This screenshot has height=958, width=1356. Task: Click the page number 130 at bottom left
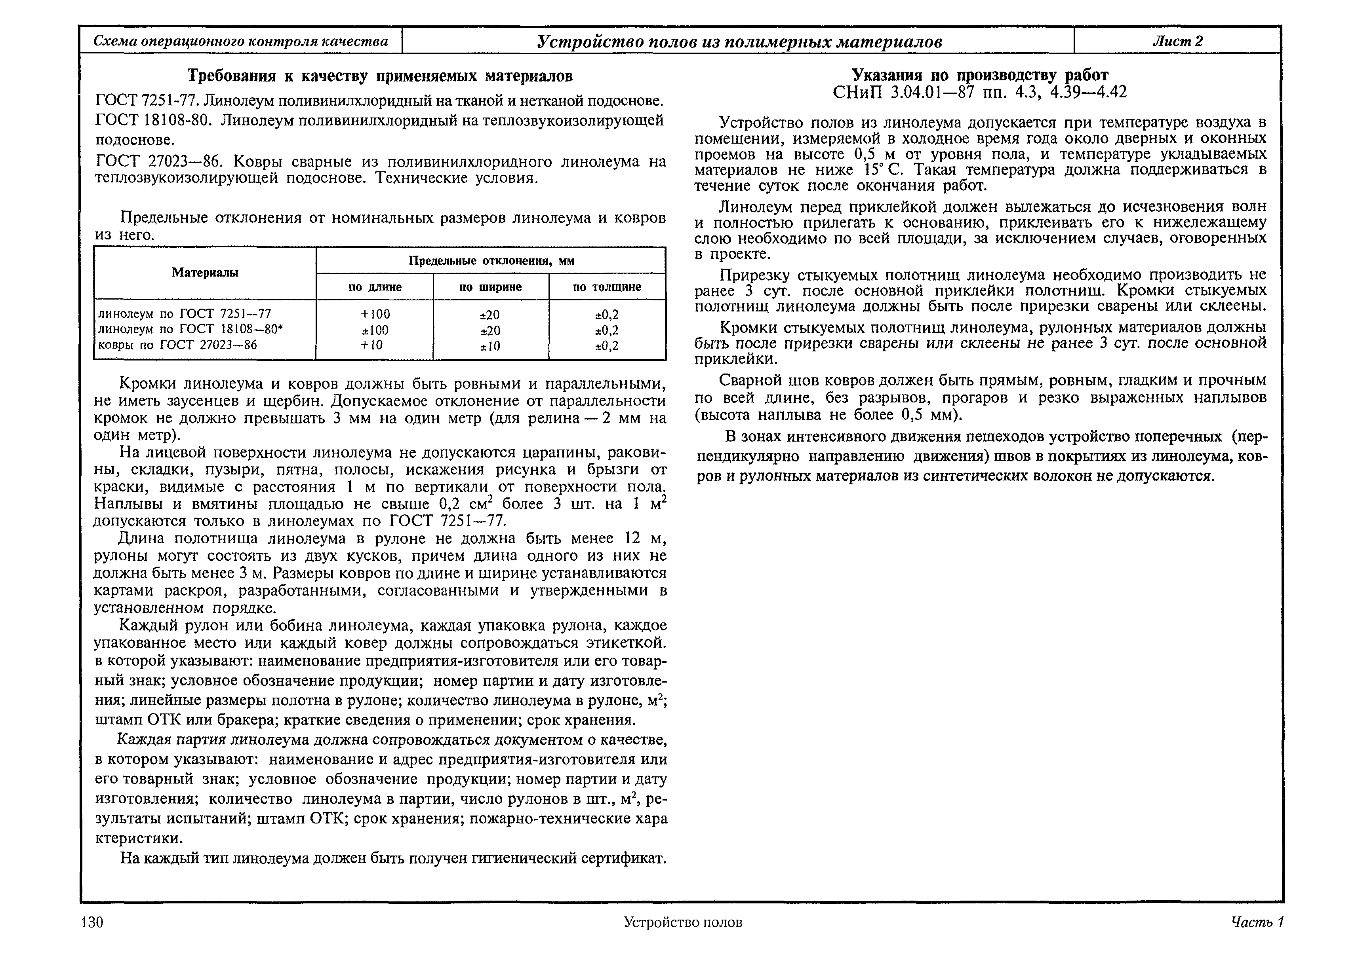(x=92, y=922)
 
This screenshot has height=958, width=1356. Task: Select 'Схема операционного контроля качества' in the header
(x=241, y=41)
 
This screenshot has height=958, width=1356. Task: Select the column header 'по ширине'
(x=490, y=287)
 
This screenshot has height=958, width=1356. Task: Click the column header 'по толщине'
(x=607, y=287)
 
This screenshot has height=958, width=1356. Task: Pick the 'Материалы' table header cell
(x=205, y=273)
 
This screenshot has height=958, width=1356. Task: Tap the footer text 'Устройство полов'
(x=683, y=922)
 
